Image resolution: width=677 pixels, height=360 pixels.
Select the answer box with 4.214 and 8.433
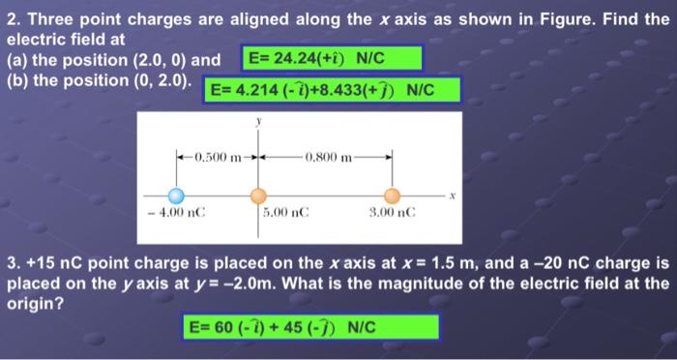click(x=335, y=91)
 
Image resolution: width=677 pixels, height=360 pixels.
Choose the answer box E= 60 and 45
click(x=310, y=327)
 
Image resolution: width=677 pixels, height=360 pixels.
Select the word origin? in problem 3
click(x=32, y=303)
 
